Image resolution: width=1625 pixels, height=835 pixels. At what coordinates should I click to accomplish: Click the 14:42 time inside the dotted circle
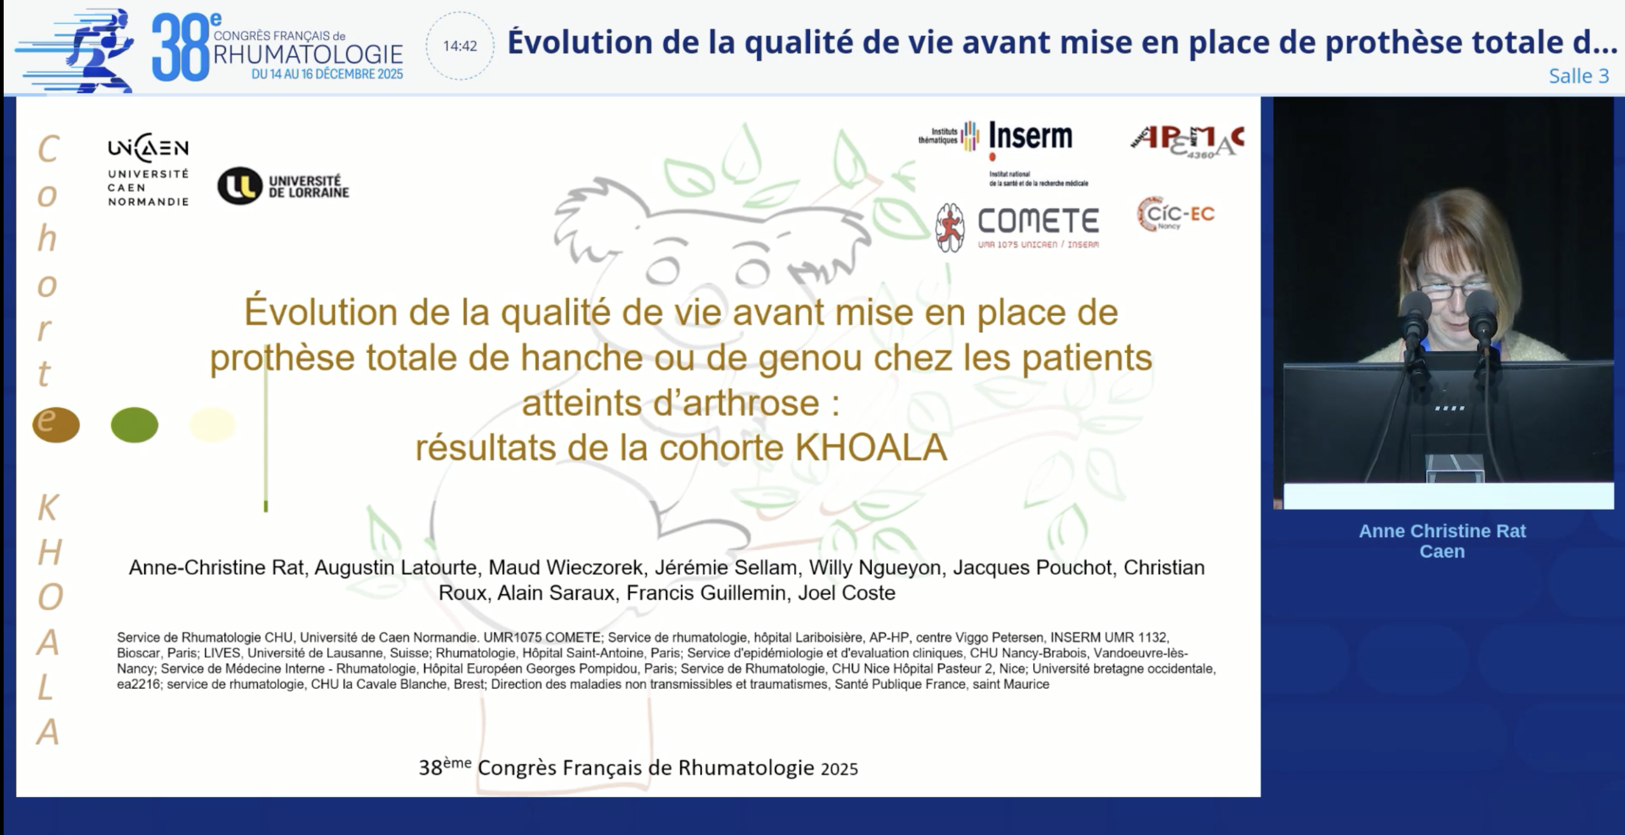pos(460,46)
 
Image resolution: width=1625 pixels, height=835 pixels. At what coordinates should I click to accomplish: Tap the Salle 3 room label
pos(1579,76)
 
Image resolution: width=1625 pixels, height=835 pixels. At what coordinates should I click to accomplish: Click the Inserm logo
pos(1030,137)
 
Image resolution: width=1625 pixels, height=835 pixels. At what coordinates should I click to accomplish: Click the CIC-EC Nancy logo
pos(1176,214)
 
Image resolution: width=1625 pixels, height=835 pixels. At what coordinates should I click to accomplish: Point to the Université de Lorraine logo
pos(283,186)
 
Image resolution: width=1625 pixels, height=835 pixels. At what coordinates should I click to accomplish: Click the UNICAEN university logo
pos(148,170)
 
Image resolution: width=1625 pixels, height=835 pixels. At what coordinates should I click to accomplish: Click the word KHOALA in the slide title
pos(871,448)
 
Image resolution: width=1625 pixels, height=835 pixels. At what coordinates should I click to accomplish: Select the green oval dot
pos(135,425)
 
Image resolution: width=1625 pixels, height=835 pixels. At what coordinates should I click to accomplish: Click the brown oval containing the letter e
pos(56,424)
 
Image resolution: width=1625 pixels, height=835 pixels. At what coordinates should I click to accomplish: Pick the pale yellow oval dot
pos(213,425)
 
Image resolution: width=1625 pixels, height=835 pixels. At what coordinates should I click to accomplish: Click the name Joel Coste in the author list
pos(846,593)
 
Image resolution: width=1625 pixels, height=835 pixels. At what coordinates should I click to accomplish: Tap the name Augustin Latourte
pos(395,567)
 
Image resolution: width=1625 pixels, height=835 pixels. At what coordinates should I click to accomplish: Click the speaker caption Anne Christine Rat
pos(1442,531)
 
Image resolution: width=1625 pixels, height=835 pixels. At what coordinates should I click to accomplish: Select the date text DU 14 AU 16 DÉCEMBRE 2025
pos(327,74)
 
